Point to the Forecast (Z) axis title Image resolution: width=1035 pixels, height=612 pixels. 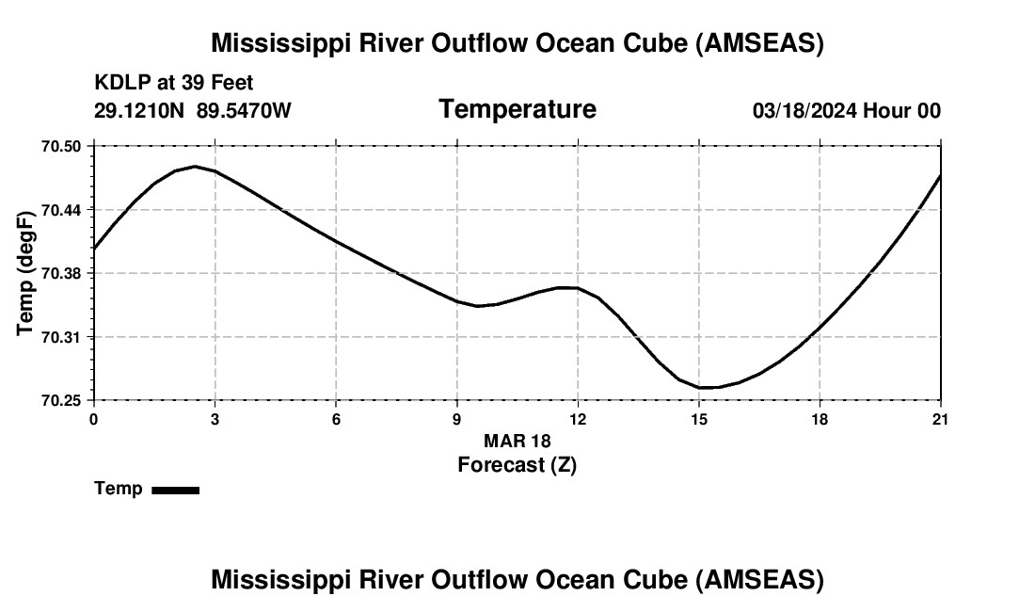517,464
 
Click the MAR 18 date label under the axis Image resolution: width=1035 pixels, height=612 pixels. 517,441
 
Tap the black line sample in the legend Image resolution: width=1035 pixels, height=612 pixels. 175,490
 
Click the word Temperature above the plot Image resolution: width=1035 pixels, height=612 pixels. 517,109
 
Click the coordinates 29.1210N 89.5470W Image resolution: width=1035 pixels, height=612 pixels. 193,110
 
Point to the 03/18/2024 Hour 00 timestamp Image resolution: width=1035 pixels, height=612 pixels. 847,111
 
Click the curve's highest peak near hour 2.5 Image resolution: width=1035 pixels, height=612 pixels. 195,167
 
